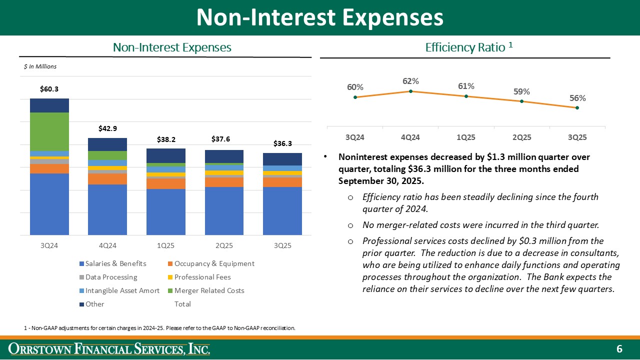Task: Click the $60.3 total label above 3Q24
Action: coord(49,89)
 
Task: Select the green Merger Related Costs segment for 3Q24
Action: coord(49,131)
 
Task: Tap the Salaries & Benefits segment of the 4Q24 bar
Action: coord(107,209)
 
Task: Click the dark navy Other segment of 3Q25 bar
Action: coord(282,159)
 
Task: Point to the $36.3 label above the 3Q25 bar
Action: coord(282,143)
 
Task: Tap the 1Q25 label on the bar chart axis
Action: coord(165,246)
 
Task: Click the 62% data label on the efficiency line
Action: coord(410,81)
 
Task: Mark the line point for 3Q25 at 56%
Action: coord(577,107)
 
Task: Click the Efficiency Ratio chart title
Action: coord(468,47)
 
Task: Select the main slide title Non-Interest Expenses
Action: coord(319,17)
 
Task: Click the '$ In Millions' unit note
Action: coord(40,66)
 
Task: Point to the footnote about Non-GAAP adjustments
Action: coord(159,328)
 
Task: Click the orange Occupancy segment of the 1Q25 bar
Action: coord(165,183)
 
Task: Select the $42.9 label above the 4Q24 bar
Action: coord(107,128)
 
